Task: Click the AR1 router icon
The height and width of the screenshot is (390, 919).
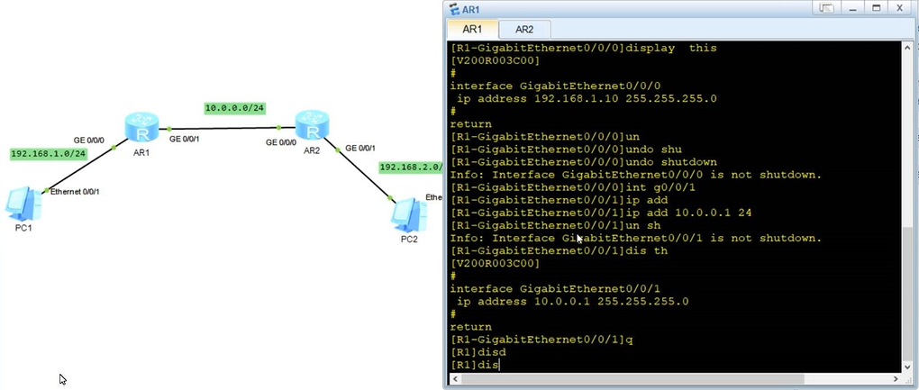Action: click(141, 127)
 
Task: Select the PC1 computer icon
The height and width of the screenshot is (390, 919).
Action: click(23, 204)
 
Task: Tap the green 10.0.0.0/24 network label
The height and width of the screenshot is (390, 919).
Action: click(234, 108)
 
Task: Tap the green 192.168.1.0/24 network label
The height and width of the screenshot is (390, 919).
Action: click(47, 153)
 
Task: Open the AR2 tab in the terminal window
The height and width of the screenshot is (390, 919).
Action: click(524, 30)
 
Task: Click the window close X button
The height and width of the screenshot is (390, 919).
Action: click(898, 8)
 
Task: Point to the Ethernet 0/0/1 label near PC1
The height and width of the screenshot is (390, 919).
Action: click(75, 192)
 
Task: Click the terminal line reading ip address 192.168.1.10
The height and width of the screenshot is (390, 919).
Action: click(587, 98)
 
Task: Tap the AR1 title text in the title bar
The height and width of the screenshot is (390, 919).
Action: click(471, 9)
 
